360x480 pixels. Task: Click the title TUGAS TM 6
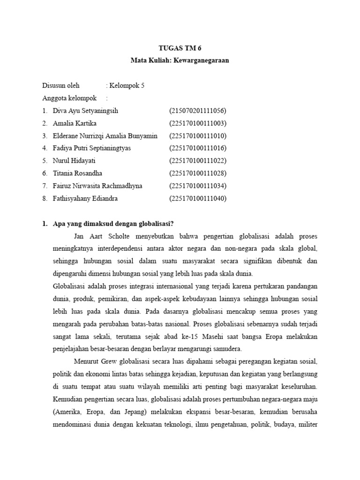(180, 48)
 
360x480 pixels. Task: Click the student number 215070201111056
(197, 111)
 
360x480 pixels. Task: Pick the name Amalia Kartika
(75, 123)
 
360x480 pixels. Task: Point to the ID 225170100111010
(197, 136)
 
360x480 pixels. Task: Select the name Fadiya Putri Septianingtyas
(92, 148)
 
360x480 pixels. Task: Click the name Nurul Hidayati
(75, 161)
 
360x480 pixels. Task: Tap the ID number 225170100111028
(197, 173)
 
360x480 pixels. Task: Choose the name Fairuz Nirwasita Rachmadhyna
(97, 186)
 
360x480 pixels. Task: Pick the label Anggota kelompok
(69, 98)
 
